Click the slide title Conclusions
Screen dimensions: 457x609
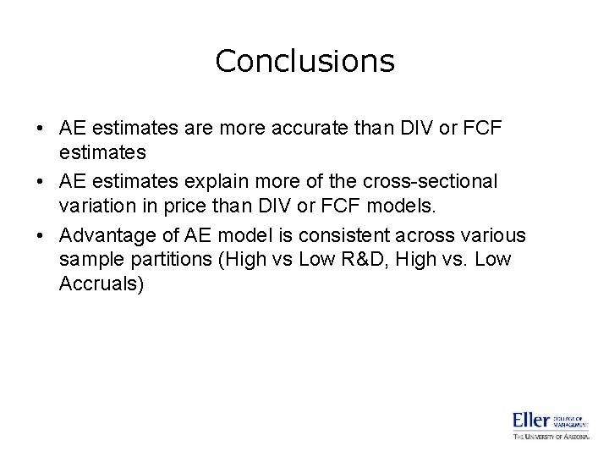[304, 61]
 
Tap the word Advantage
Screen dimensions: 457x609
[110, 235]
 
